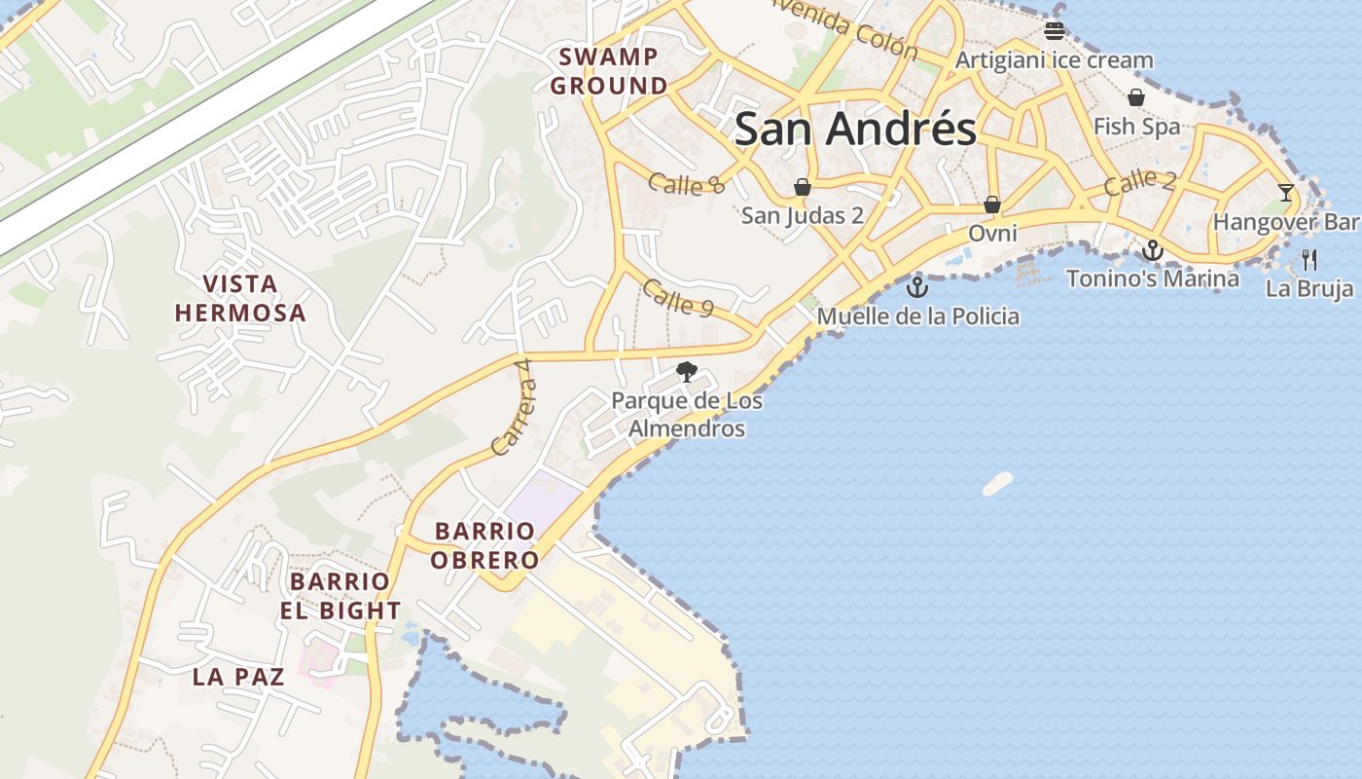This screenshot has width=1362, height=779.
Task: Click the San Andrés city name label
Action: [855, 129]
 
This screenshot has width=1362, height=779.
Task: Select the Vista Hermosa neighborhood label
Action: [240, 298]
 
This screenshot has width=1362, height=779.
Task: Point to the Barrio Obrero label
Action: [484, 545]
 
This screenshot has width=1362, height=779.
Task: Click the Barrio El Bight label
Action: [340, 596]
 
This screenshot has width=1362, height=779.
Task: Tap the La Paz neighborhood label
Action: [238, 677]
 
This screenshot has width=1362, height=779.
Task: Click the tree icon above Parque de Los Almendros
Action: [687, 371]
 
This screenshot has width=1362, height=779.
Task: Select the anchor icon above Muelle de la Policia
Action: [916, 287]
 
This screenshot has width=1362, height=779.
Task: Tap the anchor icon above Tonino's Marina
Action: [1153, 251]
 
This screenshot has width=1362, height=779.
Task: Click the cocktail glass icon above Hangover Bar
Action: [1286, 193]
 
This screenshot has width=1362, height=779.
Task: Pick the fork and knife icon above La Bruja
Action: [1309, 260]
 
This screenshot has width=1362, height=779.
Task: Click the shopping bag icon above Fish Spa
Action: [1135, 97]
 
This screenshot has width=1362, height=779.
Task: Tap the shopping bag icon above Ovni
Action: [992, 204]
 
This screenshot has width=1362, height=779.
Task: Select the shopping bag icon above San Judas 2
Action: [803, 187]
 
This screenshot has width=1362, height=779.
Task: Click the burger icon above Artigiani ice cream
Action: [1055, 31]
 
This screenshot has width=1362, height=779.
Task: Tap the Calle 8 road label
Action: [687, 183]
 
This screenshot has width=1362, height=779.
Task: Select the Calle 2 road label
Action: [1140, 181]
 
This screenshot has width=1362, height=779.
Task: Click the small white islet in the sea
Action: [997, 484]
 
